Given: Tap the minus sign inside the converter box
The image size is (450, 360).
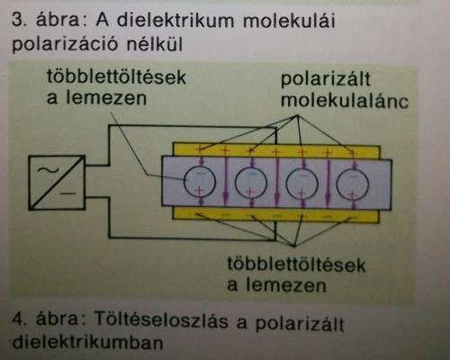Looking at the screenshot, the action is coord(67,193).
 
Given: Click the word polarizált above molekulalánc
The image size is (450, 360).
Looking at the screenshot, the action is coord(326,80).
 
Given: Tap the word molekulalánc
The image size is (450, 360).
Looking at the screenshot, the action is coord(345,101).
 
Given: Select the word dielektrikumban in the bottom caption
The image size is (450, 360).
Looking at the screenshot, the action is coord(88,342).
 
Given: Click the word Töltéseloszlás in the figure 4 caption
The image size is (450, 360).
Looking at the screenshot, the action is coord(161,319).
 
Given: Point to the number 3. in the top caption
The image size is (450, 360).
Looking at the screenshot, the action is coord(20,22).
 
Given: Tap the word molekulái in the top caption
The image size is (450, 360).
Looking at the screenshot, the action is coord(289,22).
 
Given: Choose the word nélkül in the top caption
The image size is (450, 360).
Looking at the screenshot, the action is coord(155,44).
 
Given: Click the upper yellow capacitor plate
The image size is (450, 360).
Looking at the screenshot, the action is coord(276,150).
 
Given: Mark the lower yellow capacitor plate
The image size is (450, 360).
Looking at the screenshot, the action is coord(276,216).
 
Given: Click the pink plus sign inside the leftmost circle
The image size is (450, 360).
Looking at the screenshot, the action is coord(199,191).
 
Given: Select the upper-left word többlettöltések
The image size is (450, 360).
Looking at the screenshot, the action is coord(116,76).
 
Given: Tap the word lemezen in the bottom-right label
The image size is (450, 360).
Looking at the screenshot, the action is coord(286,285).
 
